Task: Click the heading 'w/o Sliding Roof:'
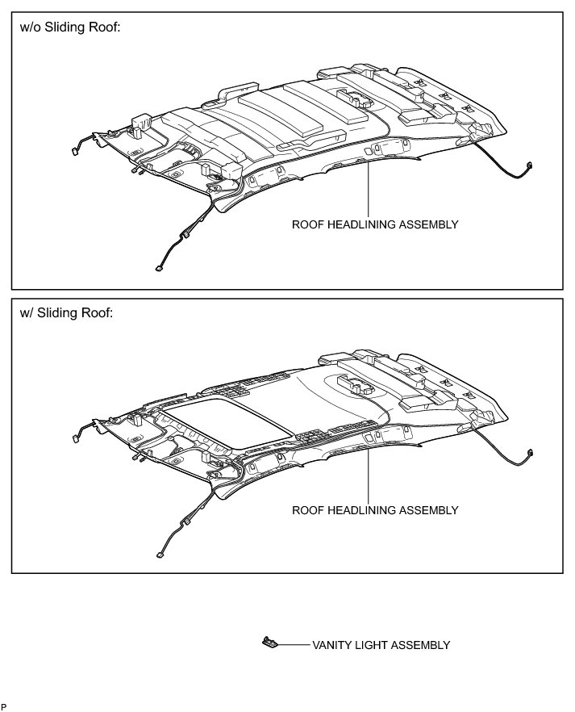70,27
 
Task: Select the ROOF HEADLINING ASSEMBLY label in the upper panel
375,224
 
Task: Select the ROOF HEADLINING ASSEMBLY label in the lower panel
375,510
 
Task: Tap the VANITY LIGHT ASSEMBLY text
381,645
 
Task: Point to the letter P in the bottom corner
4,707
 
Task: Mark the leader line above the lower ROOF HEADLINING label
368,476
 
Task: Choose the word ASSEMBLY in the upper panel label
431,224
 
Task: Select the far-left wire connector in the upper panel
73,151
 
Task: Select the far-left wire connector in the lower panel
73,438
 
